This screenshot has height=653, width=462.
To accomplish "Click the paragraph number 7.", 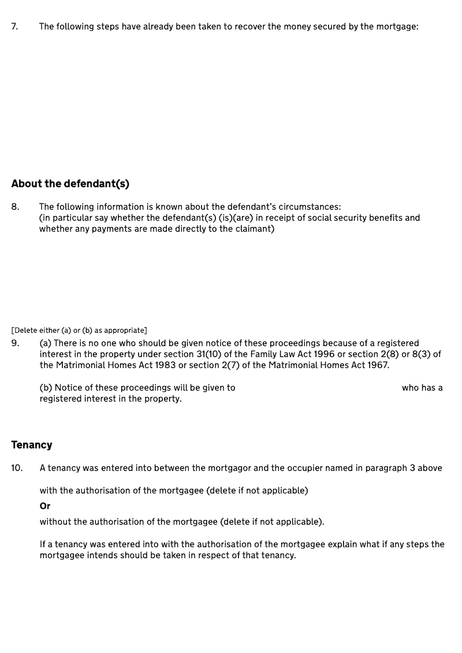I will tap(14, 27).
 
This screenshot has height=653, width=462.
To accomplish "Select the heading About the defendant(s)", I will tap(70, 184).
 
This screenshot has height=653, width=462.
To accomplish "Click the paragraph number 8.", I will tap(15, 207).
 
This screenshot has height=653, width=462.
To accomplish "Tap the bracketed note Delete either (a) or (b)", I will tap(79, 331).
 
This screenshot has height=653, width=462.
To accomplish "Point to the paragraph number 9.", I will tap(15, 343).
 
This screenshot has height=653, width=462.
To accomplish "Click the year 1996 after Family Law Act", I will tap(322, 354).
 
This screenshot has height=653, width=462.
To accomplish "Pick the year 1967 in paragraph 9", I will tap(376, 365).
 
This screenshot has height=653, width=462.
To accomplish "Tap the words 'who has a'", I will tap(422, 388).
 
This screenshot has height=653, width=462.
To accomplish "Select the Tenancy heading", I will tap(32, 445).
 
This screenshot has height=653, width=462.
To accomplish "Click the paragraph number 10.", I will tap(17, 468).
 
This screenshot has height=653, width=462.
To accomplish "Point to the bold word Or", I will tap(45, 506).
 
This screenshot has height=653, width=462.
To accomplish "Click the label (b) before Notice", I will tap(46, 388).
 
